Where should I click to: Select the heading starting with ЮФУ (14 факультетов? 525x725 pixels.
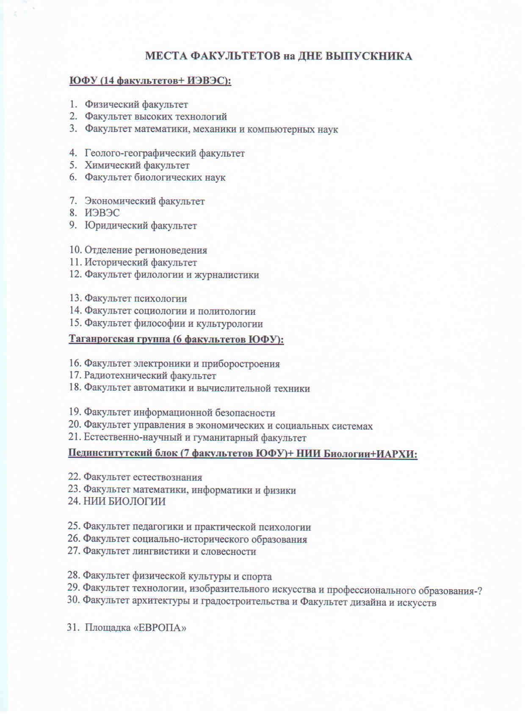coord(150,80)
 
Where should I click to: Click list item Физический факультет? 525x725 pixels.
coord(136,105)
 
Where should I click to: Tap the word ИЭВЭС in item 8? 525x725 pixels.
coord(102,213)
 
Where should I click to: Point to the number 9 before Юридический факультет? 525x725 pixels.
coord(73,225)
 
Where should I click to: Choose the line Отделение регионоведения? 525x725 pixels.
coord(146,250)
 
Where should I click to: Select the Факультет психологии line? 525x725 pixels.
coord(135,299)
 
